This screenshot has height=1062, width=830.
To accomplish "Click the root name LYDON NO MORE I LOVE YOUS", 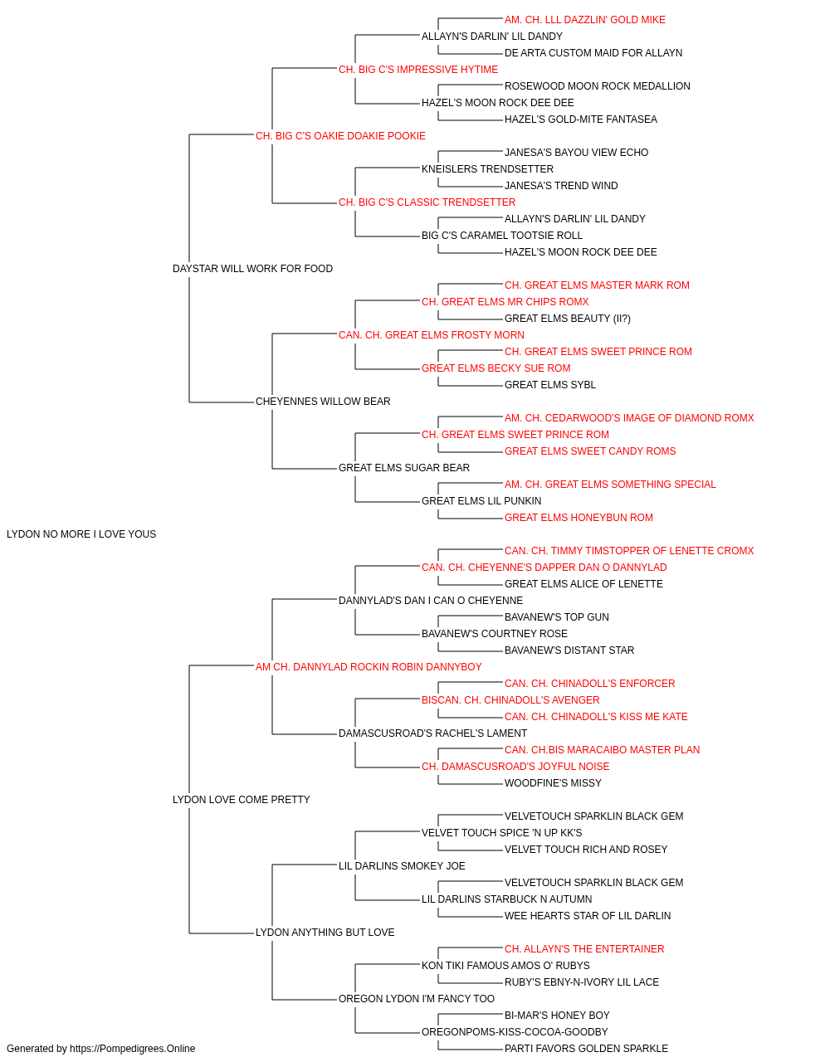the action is (81, 534).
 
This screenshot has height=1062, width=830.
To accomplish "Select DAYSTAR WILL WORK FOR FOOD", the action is (252, 269).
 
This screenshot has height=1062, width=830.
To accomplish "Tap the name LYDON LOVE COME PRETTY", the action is (241, 800).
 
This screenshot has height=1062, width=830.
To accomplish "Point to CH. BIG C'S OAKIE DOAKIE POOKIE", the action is (340, 136).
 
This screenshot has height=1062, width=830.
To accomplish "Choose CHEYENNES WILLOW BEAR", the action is (323, 402).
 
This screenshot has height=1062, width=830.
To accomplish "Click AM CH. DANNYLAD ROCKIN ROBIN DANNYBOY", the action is (369, 667).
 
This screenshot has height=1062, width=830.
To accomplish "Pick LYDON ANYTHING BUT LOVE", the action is (325, 933).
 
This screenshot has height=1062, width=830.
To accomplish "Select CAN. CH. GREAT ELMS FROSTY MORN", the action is (431, 335).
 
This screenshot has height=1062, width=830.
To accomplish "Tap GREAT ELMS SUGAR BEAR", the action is (403, 468).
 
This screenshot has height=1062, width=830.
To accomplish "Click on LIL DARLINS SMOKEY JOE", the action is (402, 866).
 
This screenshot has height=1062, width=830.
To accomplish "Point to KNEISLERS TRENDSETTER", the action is (487, 169).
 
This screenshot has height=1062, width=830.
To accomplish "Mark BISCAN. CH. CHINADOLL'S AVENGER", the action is (510, 700).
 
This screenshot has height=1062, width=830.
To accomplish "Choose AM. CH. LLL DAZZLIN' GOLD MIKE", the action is (584, 20).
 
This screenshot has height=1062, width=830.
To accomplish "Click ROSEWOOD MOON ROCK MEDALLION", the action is (598, 86).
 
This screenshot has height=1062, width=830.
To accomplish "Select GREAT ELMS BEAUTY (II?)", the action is (568, 319).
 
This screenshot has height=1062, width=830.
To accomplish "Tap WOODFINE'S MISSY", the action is (553, 783).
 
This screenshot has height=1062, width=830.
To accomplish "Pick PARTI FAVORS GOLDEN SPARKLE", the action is (586, 1049).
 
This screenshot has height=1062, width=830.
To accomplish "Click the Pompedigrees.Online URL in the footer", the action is (132, 1049).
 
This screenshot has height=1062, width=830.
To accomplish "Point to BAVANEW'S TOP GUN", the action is (557, 617).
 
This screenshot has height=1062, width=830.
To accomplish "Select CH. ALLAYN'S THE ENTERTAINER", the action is (584, 949).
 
